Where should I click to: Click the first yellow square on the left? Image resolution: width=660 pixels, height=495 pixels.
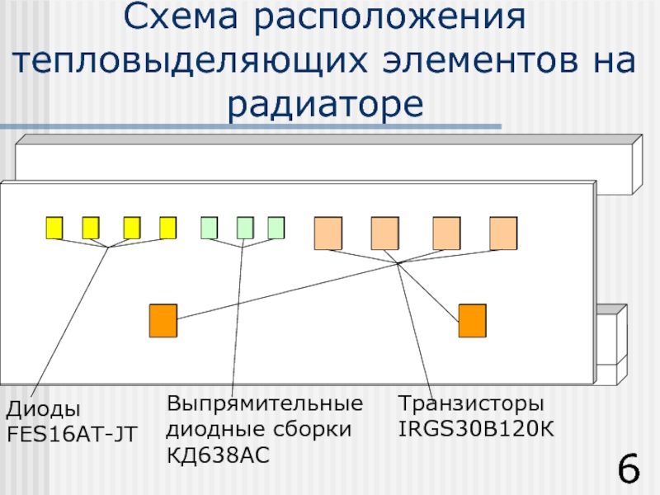click(x=54, y=228)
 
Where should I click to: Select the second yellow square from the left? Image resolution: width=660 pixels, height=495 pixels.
click(x=91, y=228)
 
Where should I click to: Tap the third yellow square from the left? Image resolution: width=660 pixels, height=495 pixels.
click(x=131, y=228)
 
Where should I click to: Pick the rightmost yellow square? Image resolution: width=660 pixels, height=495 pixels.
click(x=167, y=228)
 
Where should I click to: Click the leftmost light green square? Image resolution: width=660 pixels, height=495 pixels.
click(x=210, y=228)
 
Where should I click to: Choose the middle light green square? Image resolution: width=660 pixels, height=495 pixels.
click(x=245, y=228)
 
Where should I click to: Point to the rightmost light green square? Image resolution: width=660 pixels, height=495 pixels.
click(x=276, y=228)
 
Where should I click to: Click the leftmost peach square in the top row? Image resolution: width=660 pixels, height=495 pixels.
click(x=328, y=233)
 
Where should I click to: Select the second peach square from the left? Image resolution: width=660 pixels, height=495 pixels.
click(x=384, y=233)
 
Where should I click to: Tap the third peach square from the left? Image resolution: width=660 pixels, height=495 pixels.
click(x=446, y=233)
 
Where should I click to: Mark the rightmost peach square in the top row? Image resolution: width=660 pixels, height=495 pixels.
click(x=502, y=233)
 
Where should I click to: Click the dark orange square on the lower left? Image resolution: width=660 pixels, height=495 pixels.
click(x=163, y=321)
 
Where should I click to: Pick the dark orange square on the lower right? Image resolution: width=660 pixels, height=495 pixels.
click(x=472, y=321)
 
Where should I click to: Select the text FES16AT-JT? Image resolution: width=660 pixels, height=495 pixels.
click(x=72, y=432)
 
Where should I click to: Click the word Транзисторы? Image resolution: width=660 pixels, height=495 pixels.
click(x=471, y=405)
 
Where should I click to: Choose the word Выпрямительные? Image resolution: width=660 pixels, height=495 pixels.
click(x=264, y=405)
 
